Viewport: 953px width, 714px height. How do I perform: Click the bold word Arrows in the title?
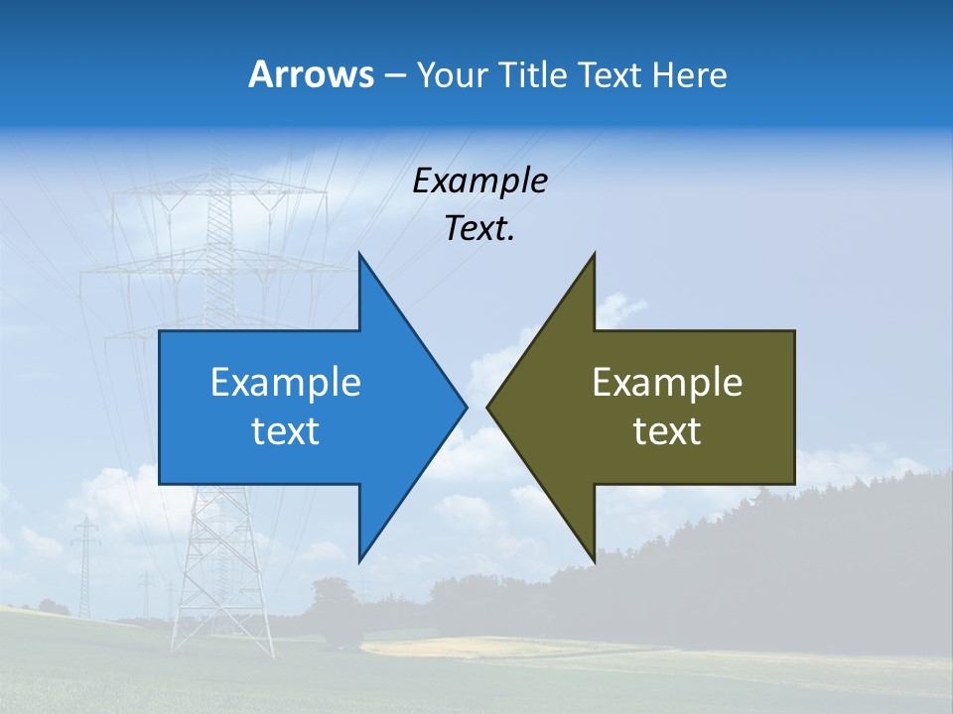[310, 75]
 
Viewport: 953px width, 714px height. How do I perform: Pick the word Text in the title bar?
[610, 75]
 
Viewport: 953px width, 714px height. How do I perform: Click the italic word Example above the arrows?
[479, 181]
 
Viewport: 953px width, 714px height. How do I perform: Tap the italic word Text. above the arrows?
[479, 228]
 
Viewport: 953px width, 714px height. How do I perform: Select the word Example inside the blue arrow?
[286, 383]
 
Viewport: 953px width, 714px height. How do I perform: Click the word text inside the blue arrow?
[286, 431]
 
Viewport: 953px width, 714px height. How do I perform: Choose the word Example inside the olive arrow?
[667, 383]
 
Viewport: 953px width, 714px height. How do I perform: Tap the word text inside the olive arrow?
[667, 431]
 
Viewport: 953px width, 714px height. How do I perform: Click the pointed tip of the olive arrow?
[488, 407]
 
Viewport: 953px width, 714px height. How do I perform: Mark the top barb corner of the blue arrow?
[359, 254]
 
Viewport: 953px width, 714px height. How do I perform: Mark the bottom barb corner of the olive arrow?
[594, 561]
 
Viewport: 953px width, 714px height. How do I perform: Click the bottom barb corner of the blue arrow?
[359, 561]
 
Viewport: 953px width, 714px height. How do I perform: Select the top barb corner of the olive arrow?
[594, 254]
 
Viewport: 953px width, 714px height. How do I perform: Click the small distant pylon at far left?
[85, 565]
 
